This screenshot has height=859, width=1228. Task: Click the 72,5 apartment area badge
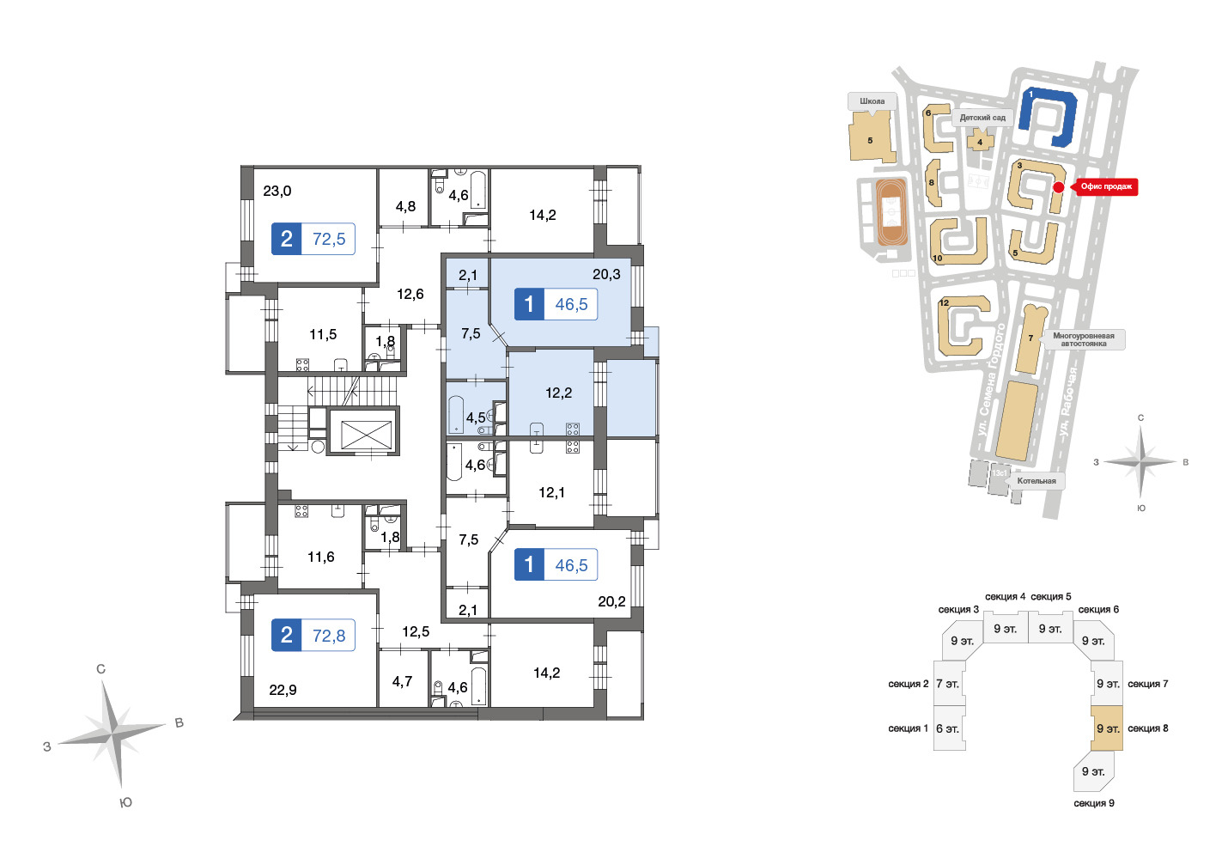point(313,239)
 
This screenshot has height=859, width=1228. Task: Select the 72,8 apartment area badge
point(313,635)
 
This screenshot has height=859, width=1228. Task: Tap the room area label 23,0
point(277,191)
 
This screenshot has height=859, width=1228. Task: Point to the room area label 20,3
point(606,274)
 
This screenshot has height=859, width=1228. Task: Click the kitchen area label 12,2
point(559,393)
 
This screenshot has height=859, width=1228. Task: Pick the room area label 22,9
point(283,690)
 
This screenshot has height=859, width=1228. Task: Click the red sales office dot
point(1059,187)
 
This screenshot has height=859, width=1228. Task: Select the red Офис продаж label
point(1106,186)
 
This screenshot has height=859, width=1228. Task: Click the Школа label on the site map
point(872,101)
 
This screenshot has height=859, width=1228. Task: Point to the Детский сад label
point(982,118)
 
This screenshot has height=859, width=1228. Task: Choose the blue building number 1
point(1049,117)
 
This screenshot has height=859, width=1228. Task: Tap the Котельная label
point(1036,481)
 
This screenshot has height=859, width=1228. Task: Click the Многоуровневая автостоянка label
point(1083,339)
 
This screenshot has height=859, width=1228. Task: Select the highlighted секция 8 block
point(1107,728)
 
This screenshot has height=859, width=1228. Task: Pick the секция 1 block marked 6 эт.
point(949,728)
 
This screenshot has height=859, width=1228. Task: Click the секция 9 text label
point(1094,803)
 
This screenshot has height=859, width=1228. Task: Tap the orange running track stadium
point(891,211)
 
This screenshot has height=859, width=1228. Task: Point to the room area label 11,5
point(323,334)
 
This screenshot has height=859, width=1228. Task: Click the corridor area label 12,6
point(410,294)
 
